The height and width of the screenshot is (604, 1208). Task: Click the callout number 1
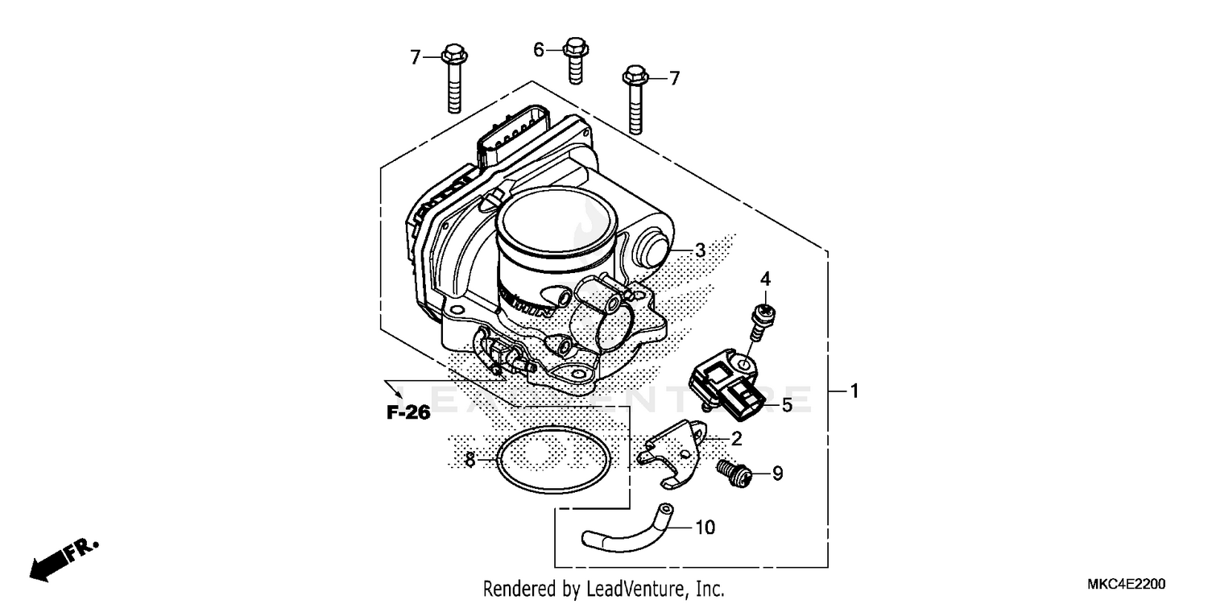[x=854, y=392]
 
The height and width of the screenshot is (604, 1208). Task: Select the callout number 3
[x=700, y=250]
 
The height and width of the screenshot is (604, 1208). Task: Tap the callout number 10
[x=704, y=528]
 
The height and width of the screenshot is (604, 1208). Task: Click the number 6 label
[x=539, y=50]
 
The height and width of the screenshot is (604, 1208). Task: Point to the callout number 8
[x=470, y=460]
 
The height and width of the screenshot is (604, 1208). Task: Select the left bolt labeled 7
[x=453, y=81]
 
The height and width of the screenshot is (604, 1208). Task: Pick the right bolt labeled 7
[x=635, y=101]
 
